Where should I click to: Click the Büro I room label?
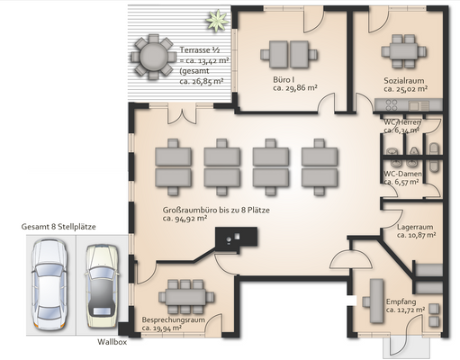[284, 80]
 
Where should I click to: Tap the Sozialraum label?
[404, 81]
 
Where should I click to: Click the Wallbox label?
[112, 342]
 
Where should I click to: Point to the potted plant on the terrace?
[217, 20]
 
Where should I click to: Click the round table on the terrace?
[154, 56]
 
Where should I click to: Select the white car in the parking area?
[50, 283]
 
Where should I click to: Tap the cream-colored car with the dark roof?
[102, 286]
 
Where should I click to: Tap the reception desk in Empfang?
[376, 301]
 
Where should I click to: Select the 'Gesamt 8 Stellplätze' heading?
[59, 227]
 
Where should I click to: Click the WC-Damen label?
[402, 174]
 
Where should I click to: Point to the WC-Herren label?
[402, 122]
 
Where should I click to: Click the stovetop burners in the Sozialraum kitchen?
[392, 105]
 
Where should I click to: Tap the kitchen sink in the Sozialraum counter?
[414, 105]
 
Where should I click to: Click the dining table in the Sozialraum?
[403, 51]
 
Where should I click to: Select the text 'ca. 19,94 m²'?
[162, 328]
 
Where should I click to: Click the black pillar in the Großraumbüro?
[236, 237]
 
